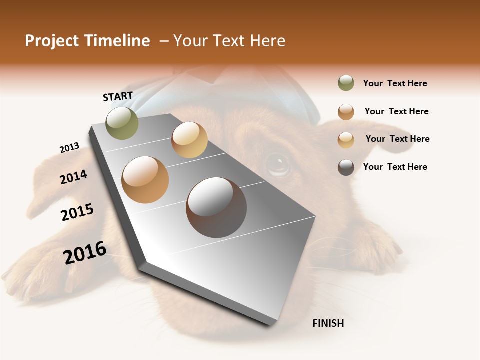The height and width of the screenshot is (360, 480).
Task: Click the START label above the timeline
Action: tap(118, 96)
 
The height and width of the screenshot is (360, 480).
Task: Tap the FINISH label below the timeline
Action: tap(328, 323)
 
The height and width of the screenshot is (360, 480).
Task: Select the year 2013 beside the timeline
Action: tap(69, 148)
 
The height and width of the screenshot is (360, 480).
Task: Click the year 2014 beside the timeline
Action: tap(74, 177)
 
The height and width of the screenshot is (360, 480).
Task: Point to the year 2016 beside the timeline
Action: tap(85, 253)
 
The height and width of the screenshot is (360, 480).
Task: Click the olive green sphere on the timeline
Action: tap(122, 123)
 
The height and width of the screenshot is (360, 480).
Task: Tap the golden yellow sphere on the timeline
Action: tap(189, 140)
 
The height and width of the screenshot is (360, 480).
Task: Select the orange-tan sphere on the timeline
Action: tap(145, 180)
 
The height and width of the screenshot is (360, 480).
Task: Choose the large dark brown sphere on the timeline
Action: tap(216, 207)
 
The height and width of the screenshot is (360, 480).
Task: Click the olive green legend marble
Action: tap(346, 83)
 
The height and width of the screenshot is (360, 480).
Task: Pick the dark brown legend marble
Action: tap(346, 167)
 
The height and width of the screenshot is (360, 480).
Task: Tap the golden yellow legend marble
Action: tap(346, 140)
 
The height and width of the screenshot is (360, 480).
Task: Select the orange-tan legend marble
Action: tap(346, 112)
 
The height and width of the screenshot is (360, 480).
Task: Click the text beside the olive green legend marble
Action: tap(395, 83)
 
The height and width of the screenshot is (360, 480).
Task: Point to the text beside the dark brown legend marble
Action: tap(395, 167)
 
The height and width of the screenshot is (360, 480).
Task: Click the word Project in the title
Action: tap(51, 41)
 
